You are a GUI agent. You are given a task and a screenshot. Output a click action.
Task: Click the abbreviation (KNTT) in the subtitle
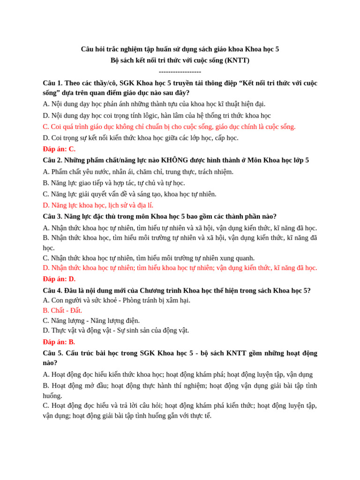[237, 60]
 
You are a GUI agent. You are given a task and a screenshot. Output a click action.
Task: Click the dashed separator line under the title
[180, 72]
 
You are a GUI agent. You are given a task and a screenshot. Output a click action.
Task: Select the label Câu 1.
[52, 83]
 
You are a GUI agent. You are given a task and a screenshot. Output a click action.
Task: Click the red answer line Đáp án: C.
[59, 149]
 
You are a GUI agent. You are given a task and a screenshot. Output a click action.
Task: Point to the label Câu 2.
[52, 160]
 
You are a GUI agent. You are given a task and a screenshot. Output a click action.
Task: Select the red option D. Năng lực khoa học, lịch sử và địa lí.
[98, 205]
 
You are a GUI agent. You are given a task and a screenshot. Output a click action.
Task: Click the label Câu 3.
[52, 217]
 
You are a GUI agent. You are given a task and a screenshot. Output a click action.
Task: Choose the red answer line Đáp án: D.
[59, 279]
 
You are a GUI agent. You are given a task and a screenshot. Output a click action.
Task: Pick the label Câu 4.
[52, 291]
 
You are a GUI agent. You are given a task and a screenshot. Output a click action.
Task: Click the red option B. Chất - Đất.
[62, 310]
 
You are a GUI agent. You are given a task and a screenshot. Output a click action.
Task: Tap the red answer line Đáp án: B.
[59, 342]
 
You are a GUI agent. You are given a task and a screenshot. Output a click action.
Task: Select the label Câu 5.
[52, 353]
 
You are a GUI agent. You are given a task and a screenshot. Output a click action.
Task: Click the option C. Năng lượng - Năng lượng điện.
[91, 321]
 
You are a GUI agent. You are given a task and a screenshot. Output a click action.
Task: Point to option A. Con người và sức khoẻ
[117, 300]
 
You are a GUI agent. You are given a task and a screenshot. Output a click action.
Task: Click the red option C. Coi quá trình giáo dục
[169, 127]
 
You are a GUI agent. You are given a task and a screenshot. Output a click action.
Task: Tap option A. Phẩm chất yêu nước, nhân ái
[138, 172]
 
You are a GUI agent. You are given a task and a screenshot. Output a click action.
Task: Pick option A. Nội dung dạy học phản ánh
[154, 104]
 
